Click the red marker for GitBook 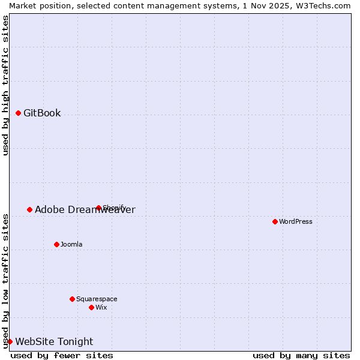[18, 113]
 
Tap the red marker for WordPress [275, 221]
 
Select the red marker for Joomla [56, 244]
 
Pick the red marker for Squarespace [72, 299]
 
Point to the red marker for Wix [91, 307]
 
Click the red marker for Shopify [98, 208]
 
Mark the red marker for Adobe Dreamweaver [29, 209]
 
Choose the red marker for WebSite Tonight [10, 341]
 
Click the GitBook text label [42, 113]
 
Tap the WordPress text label [296, 221]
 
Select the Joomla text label [71, 244]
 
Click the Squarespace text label [97, 299]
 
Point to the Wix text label [101, 307]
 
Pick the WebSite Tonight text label [54, 341]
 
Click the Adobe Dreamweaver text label [85, 209]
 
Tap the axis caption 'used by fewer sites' [62, 355]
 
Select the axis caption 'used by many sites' [301, 355]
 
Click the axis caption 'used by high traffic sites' [5, 85]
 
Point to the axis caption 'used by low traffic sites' [5, 281]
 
